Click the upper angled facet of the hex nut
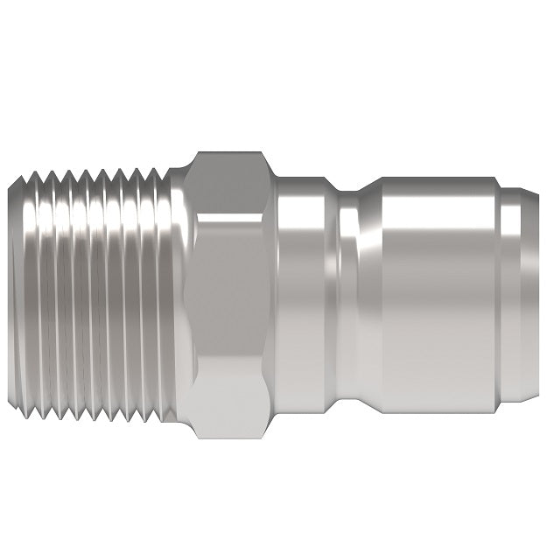coord(229,181)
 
